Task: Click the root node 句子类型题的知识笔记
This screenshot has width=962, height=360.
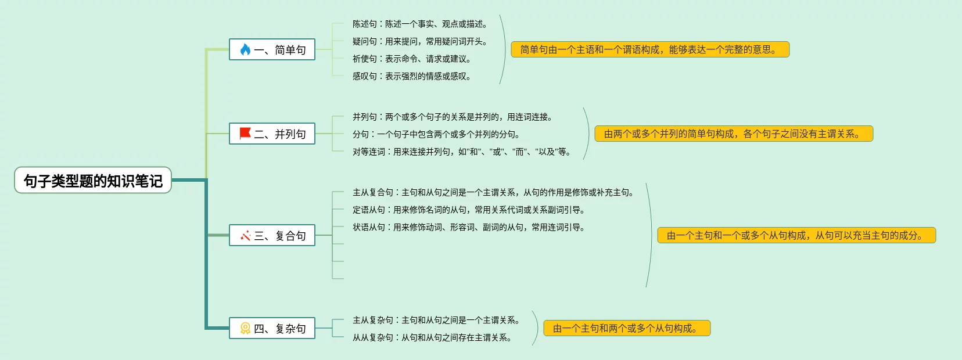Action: coord(93,181)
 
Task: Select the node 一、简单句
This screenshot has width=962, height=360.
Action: coord(272,50)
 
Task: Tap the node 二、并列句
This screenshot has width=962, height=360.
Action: coord(272,134)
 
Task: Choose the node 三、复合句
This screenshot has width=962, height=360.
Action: coord(272,236)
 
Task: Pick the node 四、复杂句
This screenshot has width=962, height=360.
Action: coord(272,329)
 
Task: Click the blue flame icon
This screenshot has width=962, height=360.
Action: coord(245,50)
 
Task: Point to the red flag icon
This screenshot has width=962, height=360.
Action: coord(245,134)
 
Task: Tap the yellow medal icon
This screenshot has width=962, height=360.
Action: coord(245,329)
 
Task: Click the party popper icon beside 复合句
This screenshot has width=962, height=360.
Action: coord(245,236)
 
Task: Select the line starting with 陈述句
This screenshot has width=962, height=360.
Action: coord(420,24)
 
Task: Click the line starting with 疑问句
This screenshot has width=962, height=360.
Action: coord(420,41)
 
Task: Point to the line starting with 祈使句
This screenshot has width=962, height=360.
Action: coord(412,59)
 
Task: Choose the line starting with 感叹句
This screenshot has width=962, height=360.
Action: coord(412,76)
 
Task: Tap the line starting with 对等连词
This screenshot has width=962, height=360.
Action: coord(462,152)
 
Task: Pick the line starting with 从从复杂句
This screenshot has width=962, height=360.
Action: coord(432,337)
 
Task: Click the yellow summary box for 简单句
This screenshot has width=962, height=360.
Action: coord(650,50)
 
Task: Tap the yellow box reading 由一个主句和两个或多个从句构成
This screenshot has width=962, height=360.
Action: coord(627,329)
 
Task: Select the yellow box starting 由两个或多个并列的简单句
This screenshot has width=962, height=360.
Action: coord(734,134)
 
